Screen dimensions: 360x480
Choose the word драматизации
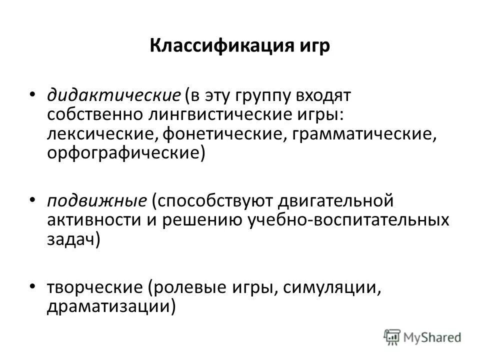108,305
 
